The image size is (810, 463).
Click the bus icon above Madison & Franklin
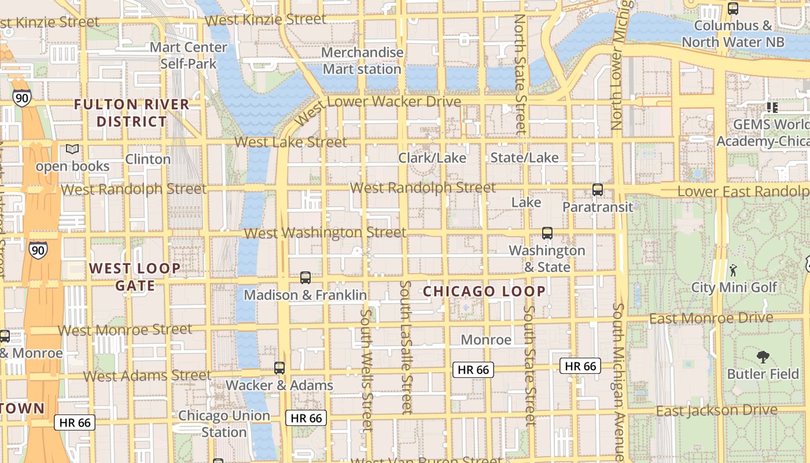click(305, 278)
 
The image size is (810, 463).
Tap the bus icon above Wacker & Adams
click(279, 368)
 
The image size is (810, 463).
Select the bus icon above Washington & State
click(547, 233)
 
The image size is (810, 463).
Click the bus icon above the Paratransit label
click(598, 190)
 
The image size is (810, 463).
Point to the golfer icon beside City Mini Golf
click(733, 270)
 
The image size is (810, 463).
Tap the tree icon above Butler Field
click(763, 357)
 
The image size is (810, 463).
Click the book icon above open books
click(72, 149)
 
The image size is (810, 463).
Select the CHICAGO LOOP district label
click(484, 291)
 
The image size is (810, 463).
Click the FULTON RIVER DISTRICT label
click(132, 113)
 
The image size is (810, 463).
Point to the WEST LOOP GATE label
click(135, 277)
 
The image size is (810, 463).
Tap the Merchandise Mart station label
click(362, 61)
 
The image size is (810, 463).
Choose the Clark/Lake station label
click(432, 158)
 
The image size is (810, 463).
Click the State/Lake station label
click(524, 157)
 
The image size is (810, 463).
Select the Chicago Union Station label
click(224, 424)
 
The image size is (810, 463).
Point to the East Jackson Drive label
click(716, 410)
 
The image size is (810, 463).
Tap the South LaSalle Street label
click(407, 347)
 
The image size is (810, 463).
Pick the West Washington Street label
click(325, 233)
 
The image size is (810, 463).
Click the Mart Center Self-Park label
click(188, 56)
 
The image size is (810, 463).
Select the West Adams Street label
click(147, 376)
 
